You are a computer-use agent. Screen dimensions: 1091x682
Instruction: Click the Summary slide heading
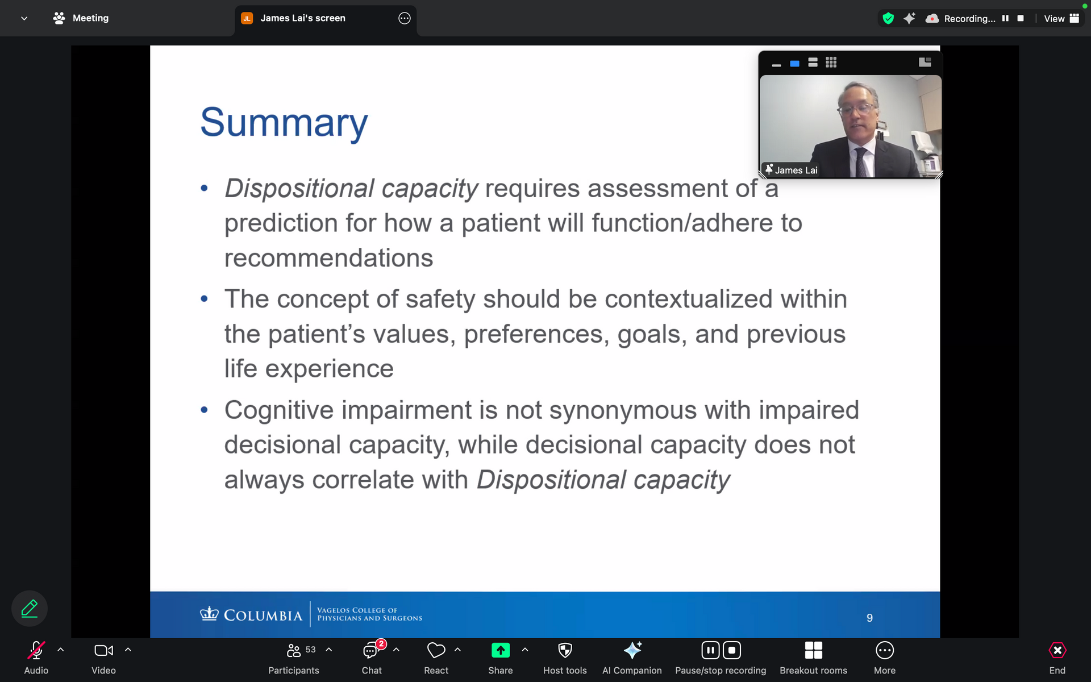coord(284,123)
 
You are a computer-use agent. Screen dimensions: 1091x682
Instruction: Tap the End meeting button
coord(1057,650)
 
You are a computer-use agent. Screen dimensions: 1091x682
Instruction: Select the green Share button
coord(501,650)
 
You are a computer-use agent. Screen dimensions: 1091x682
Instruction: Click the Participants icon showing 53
coord(294,650)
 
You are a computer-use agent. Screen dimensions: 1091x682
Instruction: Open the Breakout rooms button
coord(814,650)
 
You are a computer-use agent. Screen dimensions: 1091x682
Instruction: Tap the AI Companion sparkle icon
coord(632,650)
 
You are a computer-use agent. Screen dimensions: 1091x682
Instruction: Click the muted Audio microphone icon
coord(36,650)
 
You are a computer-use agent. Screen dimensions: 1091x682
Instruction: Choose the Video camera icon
coord(103,650)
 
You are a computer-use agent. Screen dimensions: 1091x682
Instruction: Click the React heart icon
coord(436,650)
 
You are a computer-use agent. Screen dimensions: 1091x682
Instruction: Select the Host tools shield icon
coord(565,650)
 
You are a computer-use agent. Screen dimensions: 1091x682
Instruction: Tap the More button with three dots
coord(885,650)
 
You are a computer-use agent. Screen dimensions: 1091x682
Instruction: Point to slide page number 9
coord(869,618)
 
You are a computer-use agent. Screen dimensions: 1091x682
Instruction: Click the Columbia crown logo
coord(209,614)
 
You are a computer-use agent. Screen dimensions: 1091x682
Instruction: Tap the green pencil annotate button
coord(30,609)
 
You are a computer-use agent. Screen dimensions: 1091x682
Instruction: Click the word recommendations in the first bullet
coord(328,259)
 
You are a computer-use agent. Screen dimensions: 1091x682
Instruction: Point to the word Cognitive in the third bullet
coord(279,410)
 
